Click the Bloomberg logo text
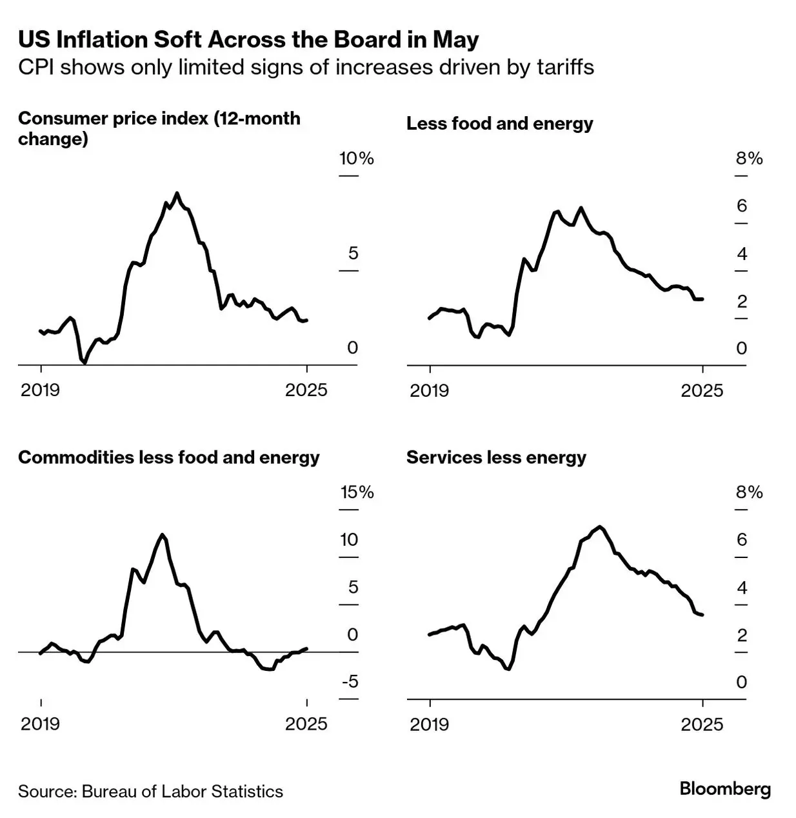pyautogui.click(x=725, y=788)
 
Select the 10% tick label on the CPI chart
pyautogui.click(x=357, y=159)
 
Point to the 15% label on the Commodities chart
pyautogui.click(x=357, y=492)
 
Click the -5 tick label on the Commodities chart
pyautogui.click(x=349, y=682)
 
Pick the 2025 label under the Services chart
pyautogui.click(x=702, y=724)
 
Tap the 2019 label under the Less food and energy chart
pyautogui.click(x=430, y=390)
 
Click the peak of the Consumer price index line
pyautogui.click(x=177, y=193)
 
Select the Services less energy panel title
pyautogui.click(x=496, y=457)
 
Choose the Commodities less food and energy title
pyautogui.click(x=169, y=457)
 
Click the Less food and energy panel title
pyautogui.click(x=499, y=123)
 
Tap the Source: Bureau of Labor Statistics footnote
pyautogui.click(x=150, y=792)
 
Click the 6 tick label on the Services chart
pyautogui.click(x=742, y=539)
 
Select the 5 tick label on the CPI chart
pyautogui.click(x=353, y=253)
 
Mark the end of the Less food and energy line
pyautogui.click(x=702, y=299)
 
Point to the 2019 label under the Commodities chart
pyautogui.click(x=40, y=724)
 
